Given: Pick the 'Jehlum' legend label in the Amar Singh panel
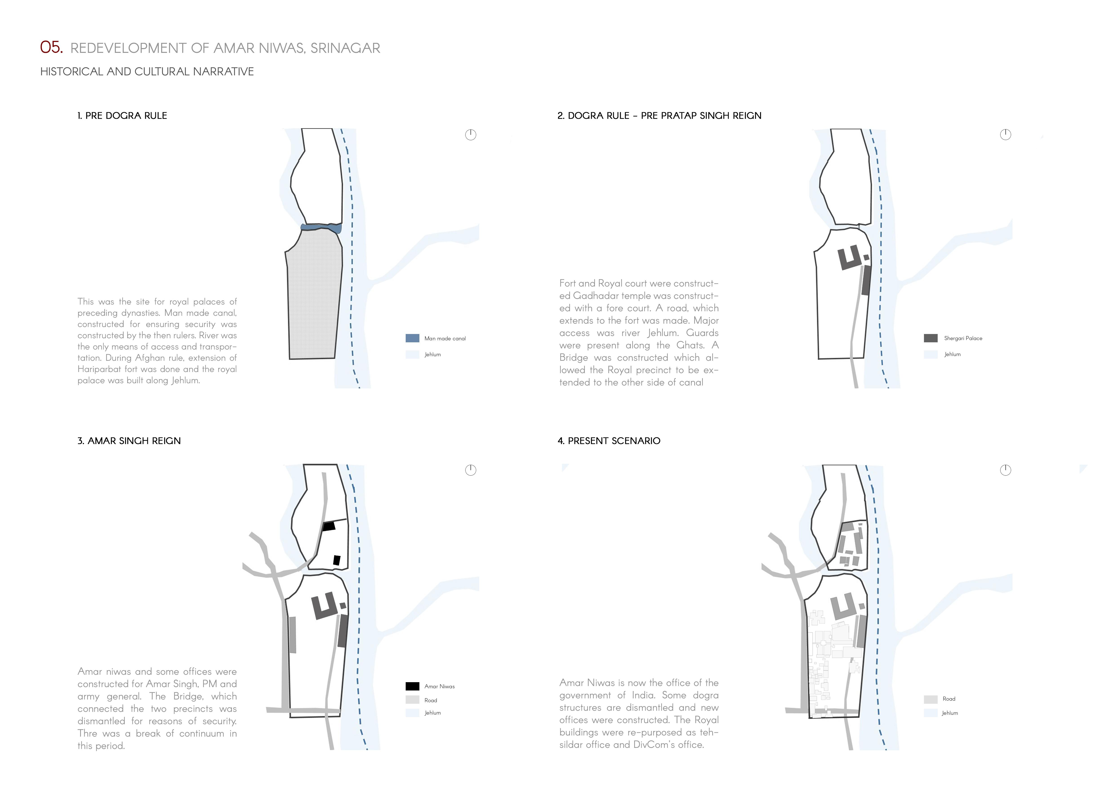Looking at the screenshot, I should click(432, 713).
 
